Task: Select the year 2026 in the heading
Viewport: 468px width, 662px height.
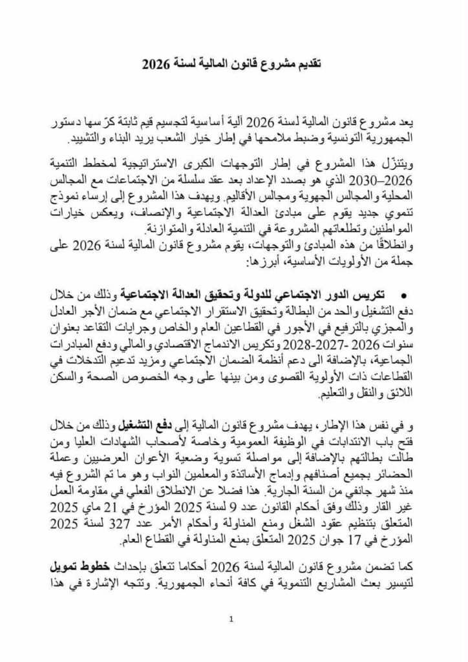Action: tap(156, 65)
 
